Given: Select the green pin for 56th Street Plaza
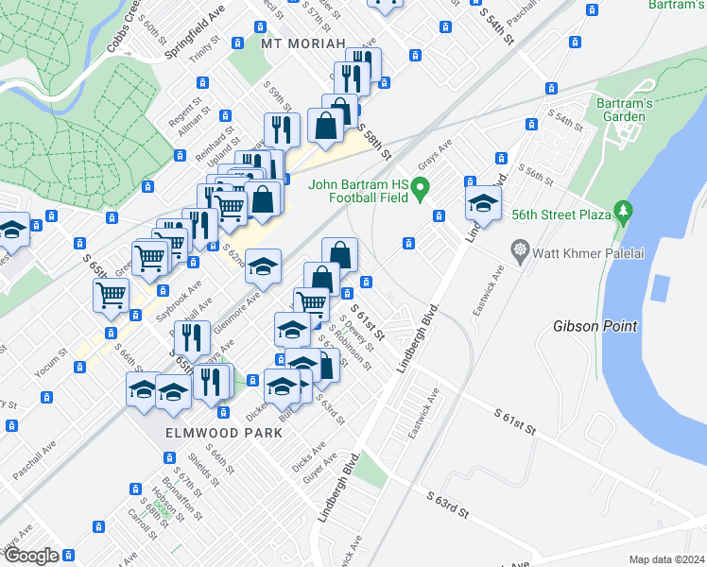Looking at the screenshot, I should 622,211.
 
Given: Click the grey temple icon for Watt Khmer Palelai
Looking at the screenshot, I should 519,250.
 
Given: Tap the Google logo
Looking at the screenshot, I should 32,555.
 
